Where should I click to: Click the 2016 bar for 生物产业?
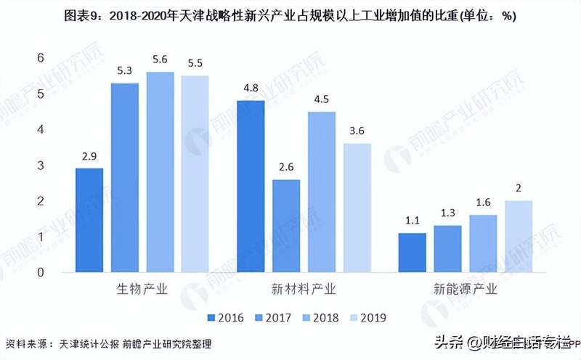click(x=89, y=220)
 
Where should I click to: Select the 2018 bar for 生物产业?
click(x=160, y=172)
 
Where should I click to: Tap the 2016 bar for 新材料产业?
click(x=251, y=187)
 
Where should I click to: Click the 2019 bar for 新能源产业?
click(x=519, y=236)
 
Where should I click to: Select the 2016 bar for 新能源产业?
click(x=412, y=253)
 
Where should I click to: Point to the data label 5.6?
click(x=160, y=60)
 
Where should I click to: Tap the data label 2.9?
click(x=89, y=156)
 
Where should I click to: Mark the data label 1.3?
click(x=447, y=213)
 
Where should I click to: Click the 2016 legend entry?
click(x=225, y=317)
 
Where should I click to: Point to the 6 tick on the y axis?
click(x=41, y=58)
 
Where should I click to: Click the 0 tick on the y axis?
click(x=41, y=272)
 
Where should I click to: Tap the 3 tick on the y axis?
click(x=41, y=165)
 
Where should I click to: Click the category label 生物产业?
click(x=142, y=290)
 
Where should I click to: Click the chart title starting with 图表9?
click(x=290, y=16)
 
